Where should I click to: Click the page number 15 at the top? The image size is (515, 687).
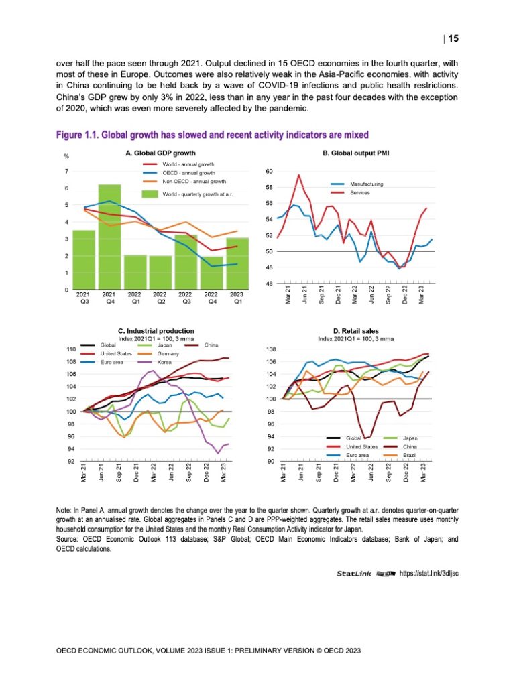453,38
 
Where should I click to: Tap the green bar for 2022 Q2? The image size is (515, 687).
160,273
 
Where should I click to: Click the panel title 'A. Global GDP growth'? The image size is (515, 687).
156,153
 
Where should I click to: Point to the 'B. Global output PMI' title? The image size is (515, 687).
356,153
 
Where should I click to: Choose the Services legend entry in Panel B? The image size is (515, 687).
360,192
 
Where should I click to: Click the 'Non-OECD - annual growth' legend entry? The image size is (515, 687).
194,181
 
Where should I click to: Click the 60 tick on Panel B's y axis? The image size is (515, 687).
269,172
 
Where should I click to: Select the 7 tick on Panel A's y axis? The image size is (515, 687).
66,172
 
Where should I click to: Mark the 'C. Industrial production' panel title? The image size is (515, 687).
156,330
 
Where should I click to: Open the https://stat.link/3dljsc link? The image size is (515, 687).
428,573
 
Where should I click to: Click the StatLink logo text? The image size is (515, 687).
355,573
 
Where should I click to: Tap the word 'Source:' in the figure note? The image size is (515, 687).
68,540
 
